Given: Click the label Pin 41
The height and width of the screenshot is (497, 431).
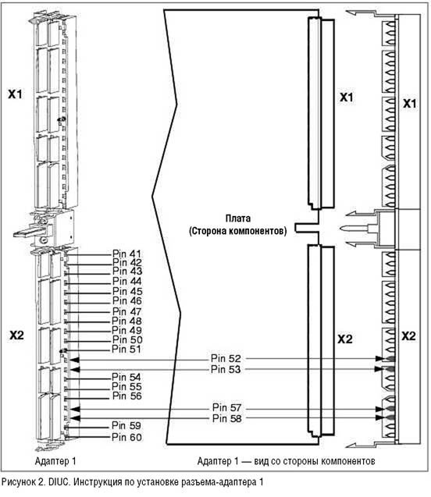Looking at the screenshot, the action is click(x=126, y=254).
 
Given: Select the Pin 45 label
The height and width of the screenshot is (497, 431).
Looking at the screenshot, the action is click(x=127, y=291).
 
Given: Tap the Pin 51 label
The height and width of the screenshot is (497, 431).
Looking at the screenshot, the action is click(x=126, y=350).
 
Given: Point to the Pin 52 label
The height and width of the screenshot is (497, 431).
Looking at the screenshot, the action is click(x=226, y=358).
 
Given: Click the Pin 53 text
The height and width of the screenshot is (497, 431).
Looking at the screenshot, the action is click(x=226, y=369).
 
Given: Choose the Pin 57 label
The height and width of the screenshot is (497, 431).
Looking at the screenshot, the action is click(x=226, y=407).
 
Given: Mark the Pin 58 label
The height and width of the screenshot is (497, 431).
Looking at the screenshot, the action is click(x=226, y=418).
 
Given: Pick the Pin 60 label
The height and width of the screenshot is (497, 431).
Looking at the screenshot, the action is click(x=126, y=438).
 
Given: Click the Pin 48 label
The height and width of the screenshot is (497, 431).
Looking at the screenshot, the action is click(x=126, y=321).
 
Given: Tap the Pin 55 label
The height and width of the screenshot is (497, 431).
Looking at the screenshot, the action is click(x=126, y=386).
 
